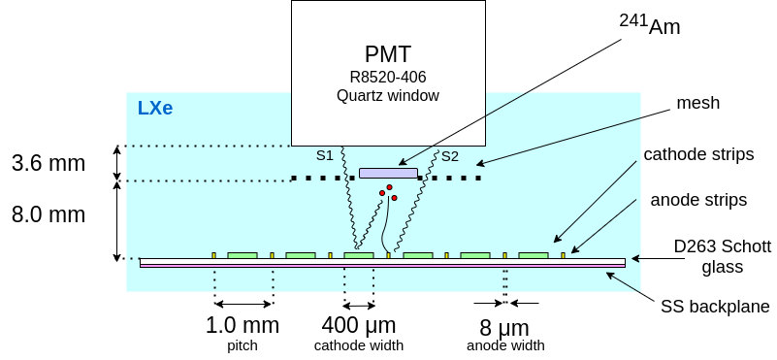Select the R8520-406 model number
pos(388,77)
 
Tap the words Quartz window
pos(388,95)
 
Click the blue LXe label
pos(155,108)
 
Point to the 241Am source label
pos(650,25)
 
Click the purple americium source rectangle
pos(388,173)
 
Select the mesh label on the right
pos(698,103)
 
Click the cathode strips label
pos(698,154)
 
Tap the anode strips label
pos(698,200)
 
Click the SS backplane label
pos(715,307)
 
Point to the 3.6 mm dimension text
pos(49,163)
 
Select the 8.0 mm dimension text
pos(49,213)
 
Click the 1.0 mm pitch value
pos(243,325)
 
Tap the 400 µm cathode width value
pos(359,325)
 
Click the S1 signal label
pos(325,155)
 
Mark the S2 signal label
pos(450,155)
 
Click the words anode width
pos(505,345)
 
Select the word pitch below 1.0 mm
pos(243,345)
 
